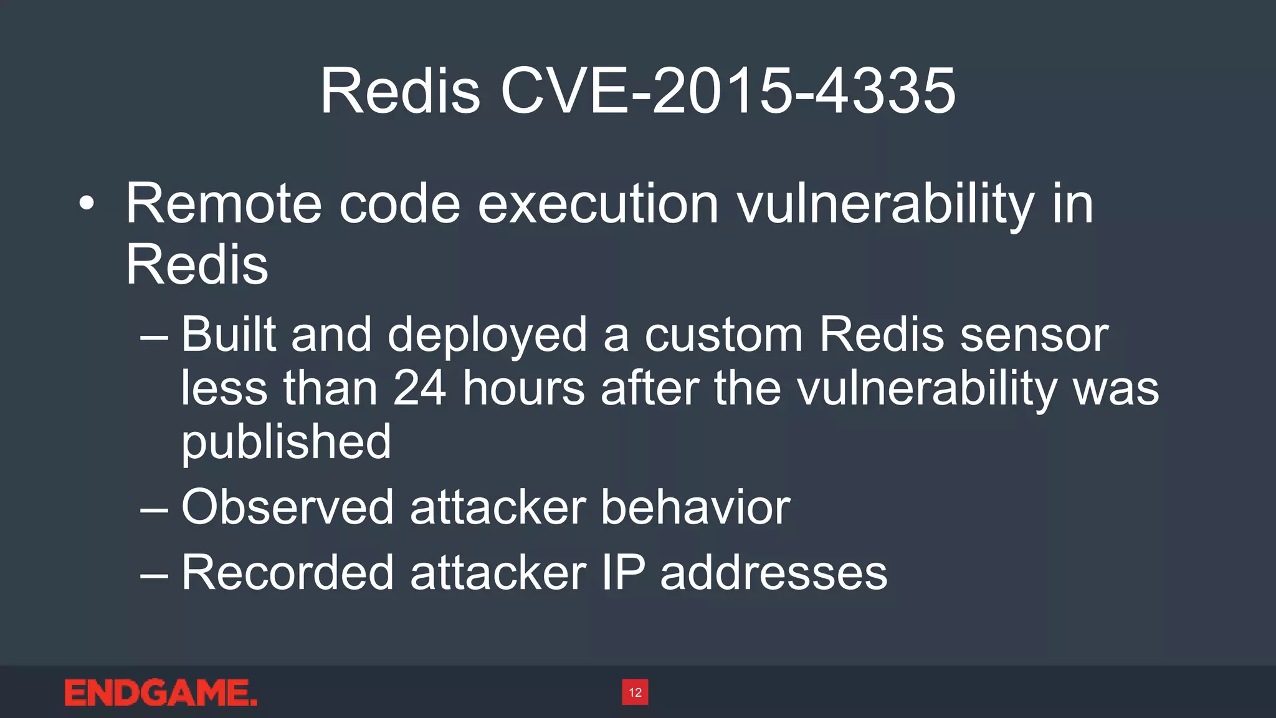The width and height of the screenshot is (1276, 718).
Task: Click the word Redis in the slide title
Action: [x=400, y=92]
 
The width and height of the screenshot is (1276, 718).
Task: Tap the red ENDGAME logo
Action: [x=161, y=693]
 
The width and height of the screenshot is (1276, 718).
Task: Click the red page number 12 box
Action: [x=635, y=692]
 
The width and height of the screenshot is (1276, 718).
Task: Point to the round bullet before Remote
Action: [x=87, y=204]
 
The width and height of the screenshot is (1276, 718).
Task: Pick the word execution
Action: [x=598, y=204]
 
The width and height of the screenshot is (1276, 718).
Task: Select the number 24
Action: [x=419, y=388]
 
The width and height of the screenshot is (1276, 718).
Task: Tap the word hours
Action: [x=524, y=388]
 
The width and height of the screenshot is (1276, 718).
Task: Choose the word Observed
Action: [x=287, y=507]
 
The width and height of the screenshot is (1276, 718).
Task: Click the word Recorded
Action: [x=287, y=572]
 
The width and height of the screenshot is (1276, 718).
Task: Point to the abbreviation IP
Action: [x=623, y=572]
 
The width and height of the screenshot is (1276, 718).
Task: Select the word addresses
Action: [x=773, y=572]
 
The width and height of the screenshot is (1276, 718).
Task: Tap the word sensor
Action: [x=1034, y=335]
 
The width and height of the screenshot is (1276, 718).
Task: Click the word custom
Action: [x=723, y=335]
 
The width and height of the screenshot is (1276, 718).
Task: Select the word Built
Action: [x=228, y=335]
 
